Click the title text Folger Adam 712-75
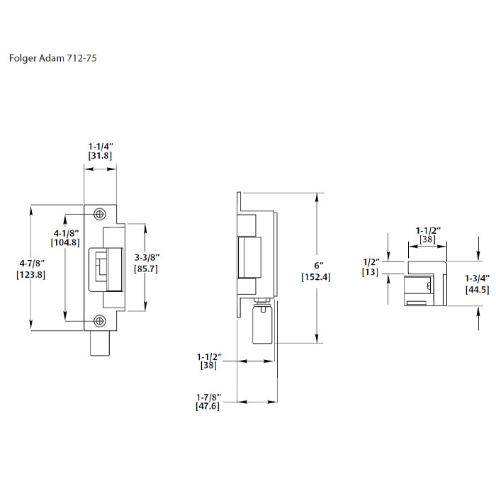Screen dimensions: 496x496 [53, 59]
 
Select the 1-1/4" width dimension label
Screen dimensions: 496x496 [100, 145]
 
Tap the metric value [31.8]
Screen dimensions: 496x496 [100, 155]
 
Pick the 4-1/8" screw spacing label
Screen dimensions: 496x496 [65, 232]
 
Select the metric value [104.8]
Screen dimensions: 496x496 [65, 242]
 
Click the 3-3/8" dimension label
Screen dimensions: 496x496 [147, 258]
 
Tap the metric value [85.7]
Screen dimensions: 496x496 [147, 269]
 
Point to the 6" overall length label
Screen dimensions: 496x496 [315, 266]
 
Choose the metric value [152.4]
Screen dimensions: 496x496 [315, 276]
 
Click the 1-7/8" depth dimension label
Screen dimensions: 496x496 [209, 397]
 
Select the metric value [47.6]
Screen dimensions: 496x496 [209, 407]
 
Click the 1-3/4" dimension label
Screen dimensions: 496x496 [477, 278]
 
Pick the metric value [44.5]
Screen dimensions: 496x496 [477, 289]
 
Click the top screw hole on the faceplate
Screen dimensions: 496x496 [100, 213]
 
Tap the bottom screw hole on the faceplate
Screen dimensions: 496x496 [100, 321]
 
